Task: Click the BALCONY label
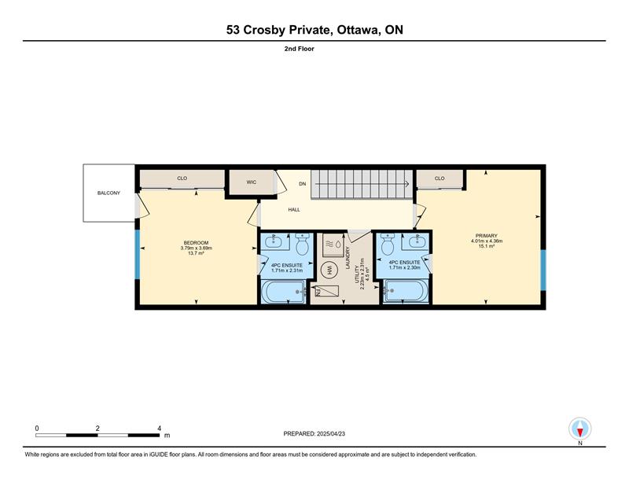[109, 193]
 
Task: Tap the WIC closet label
[251, 182]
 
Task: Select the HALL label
[294, 209]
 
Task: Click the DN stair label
[303, 184]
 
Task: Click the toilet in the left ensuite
[302, 244]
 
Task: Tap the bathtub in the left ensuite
[283, 291]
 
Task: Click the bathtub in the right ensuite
[406, 291]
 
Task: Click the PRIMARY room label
[487, 236]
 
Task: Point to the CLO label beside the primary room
[440, 179]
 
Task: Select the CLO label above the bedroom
[182, 179]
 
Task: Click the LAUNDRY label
[348, 258]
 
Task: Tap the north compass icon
[579, 429]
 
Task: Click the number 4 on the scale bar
[160, 429]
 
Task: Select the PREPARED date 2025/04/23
[331, 434]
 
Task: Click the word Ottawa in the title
[359, 30]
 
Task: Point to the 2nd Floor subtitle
[300, 49]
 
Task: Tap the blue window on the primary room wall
[543, 270]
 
